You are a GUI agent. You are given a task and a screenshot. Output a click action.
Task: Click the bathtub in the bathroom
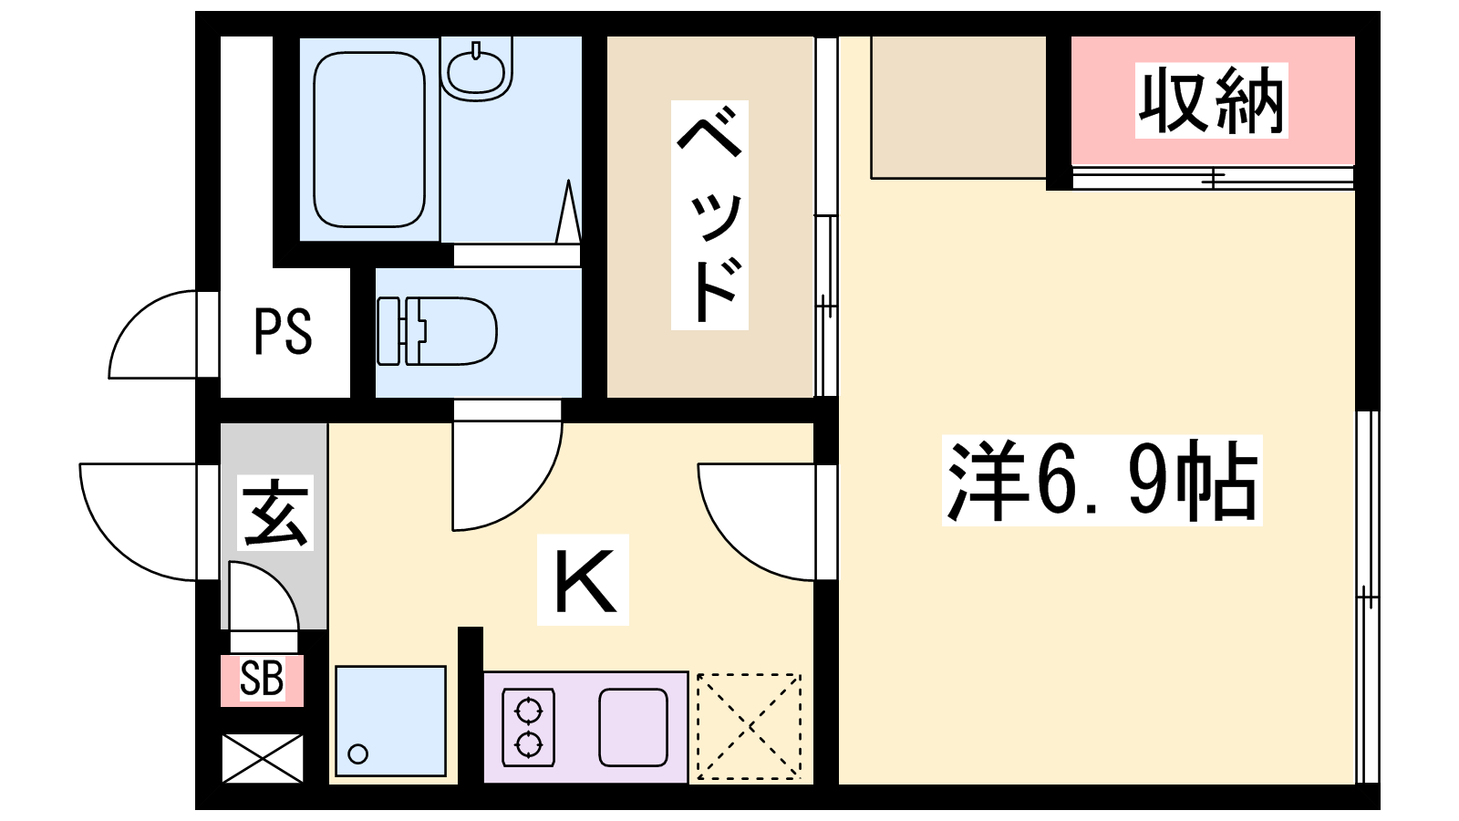(369, 140)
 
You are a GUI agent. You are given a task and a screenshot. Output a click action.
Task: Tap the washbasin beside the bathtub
(476, 69)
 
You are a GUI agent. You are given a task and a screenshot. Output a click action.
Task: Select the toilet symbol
(437, 331)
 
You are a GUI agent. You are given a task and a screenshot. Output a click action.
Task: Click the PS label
(283, 332)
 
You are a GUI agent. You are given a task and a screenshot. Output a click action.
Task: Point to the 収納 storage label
(1212, 100)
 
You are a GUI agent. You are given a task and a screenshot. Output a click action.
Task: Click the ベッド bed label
(709, 215)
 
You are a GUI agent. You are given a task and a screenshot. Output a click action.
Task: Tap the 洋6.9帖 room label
(1102, 480)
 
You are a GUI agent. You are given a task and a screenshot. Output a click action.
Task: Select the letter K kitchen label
(584, 580)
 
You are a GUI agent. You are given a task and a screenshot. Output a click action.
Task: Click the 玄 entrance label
(274, 512)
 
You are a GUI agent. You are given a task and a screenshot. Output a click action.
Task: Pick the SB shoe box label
(262, 678)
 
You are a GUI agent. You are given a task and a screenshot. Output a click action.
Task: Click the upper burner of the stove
(528, 711)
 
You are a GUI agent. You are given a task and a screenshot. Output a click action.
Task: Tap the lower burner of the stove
(528, 743)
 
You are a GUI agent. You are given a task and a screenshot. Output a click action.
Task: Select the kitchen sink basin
(633, 727)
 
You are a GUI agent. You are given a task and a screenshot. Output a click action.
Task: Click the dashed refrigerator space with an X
(749, 726)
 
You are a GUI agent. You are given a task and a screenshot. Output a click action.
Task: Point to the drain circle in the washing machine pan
(357, 754)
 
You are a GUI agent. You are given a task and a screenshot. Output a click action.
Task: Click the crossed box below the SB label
(263, 758)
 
